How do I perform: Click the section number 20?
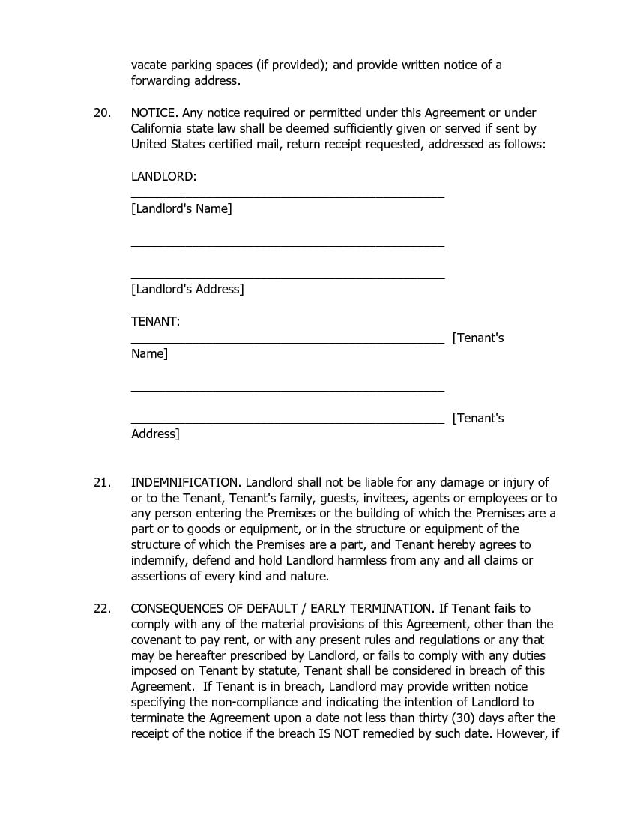[102, 112]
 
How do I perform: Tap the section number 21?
[102, 482]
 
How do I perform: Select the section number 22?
[102, 608]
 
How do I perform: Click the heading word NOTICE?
[154, 112]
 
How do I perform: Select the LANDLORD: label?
[163, 176]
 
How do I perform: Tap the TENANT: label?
[155, 321]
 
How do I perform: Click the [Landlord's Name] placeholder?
[181, 208]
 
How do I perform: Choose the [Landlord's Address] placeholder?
[187, 289]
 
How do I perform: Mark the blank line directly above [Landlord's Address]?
[287, 277]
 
